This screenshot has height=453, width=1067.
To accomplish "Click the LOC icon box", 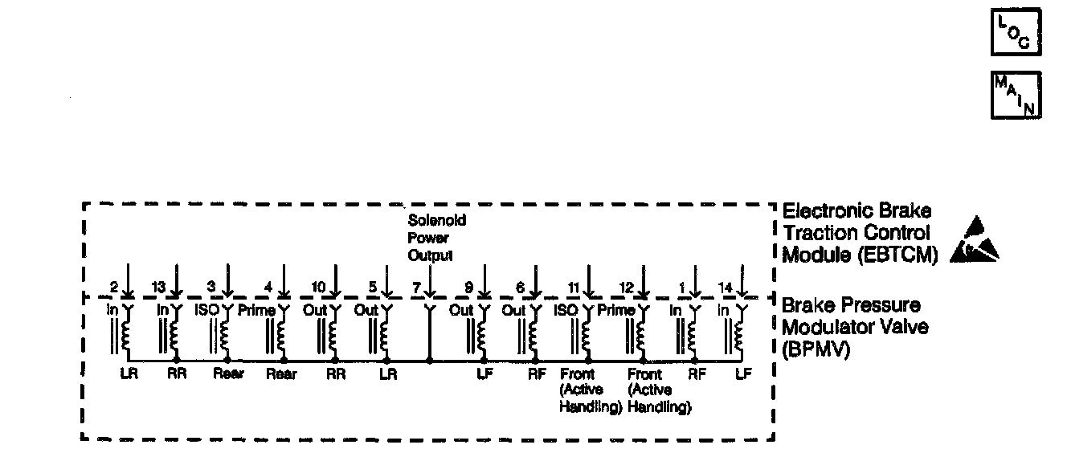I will click(x=1015, y=33).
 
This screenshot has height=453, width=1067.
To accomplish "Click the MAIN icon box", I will click(x=1016, y=95).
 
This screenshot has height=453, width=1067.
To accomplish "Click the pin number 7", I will click(x=415, y=287).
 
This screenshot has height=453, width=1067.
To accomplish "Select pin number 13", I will click(x=159, y=287).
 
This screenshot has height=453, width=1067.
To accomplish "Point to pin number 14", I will click(x=723, y=287).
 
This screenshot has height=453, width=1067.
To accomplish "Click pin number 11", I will click(x=573, y=287).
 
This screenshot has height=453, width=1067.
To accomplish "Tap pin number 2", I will click(x=114, y=287).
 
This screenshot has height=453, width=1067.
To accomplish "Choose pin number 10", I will click(x=319, y=287).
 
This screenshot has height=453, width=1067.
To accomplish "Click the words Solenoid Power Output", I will click(x=436, y=238).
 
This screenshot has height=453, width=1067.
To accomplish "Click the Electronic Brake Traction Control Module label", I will click(x=857, y=234).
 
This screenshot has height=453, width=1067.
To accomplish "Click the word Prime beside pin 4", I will click(x=256, y=309).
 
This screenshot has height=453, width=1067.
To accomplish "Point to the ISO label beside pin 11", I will click(x=567, y=309).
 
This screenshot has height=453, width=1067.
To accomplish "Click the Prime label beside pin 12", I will click(x=616, y=309).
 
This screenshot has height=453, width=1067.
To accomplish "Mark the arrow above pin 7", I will click(x=430, y=282).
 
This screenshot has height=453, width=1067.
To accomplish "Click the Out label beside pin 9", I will click(x=460, y=309).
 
